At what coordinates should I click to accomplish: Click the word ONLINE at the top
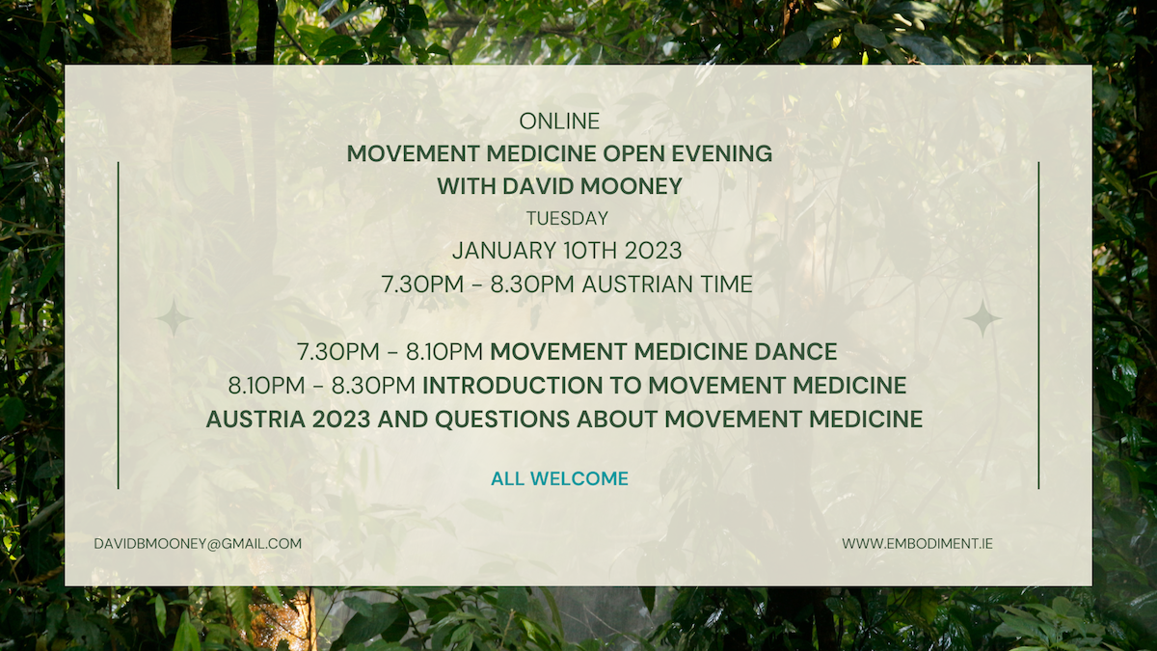pyautogui.click(x=559, y=122)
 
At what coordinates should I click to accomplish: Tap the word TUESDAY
pyautogui.click(x=567, y=219)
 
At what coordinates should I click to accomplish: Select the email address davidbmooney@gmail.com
pyautogui.click(x=198, y=544)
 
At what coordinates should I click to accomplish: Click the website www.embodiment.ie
pyautogui.click(x=917, y=544)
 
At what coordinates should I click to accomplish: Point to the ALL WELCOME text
pyautogui.click(x=559, y=478)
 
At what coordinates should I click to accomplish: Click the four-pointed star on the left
pyautogui.click(x=175, y=318)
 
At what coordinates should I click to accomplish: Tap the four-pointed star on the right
pyautogui.click(x=982, y=318)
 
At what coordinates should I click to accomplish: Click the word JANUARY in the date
pyautogui.click(x=503, y=251)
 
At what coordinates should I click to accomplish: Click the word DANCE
pyautogui.click(x=795, y=352)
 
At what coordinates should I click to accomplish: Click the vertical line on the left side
pyautogui.click(x=119, y=325)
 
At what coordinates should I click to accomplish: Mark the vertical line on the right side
pyautogui.click(x=1038, y=325)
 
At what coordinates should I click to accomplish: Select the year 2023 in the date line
pyautogui.click(x=654, y=251)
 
